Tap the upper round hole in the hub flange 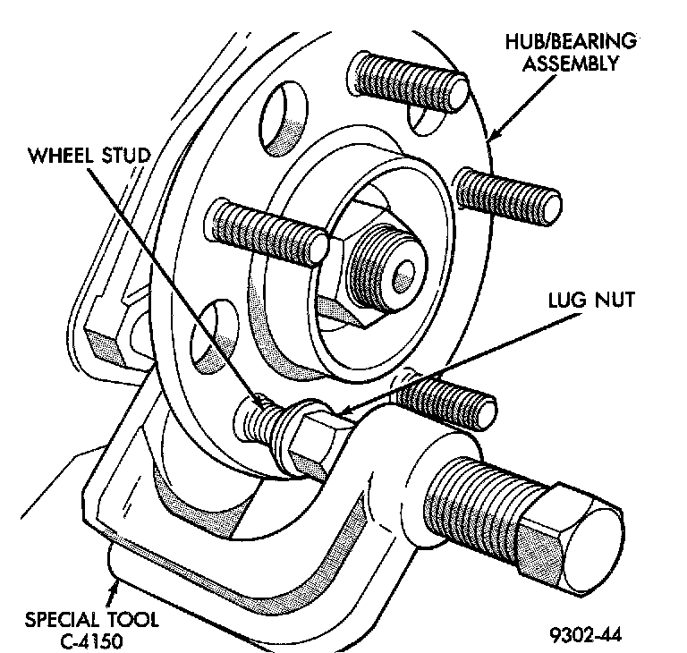pyautogui.click(x=284, y=116)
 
